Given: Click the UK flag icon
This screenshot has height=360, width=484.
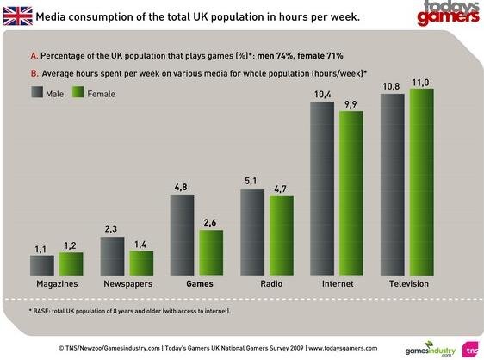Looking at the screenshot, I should tap(16, 16).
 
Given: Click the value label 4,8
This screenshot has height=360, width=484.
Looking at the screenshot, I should tap(182, 185).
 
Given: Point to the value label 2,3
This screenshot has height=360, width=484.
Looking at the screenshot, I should tap(112, 228).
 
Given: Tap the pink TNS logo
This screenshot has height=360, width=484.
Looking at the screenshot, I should tap(472, 349).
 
